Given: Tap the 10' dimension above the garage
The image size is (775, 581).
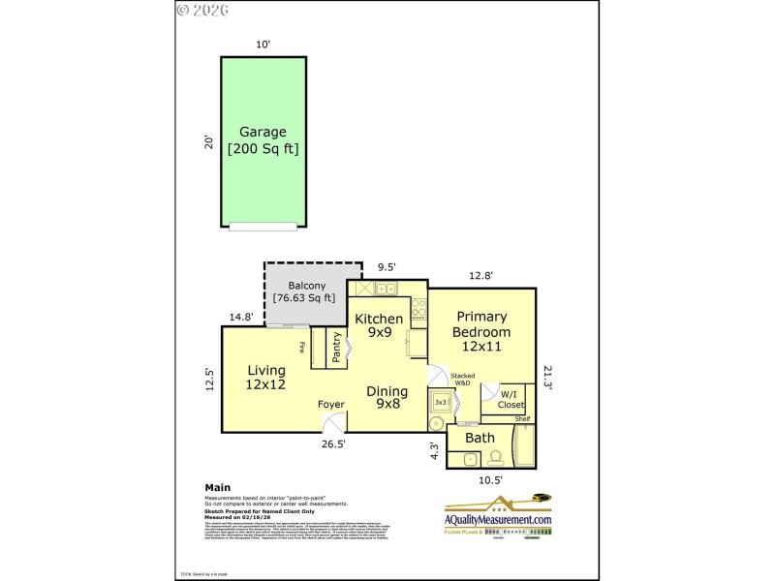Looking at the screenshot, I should coord(262,45).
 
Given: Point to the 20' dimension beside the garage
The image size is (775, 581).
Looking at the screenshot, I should coord(208,141).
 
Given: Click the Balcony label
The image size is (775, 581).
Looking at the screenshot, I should coord(304,291).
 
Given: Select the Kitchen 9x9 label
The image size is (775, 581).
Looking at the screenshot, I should coord(378,325).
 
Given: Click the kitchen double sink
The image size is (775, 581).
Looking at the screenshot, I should coord(385,289).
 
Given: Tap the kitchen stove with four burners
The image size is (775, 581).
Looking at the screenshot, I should coord(418,309).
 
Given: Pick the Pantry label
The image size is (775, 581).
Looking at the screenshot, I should coord(336,349).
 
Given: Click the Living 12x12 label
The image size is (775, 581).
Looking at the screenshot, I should coord(265,377).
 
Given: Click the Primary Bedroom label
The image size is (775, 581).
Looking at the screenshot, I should coord(481,331).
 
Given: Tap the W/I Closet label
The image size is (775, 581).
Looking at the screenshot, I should coord(511,399).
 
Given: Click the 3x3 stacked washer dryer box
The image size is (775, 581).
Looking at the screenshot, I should coord(440,402).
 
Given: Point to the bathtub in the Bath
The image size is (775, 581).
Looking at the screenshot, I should coord(524,446).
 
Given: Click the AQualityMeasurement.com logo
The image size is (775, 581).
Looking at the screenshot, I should coord(498,516).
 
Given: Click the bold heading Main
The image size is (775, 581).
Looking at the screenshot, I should coord(218,488).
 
